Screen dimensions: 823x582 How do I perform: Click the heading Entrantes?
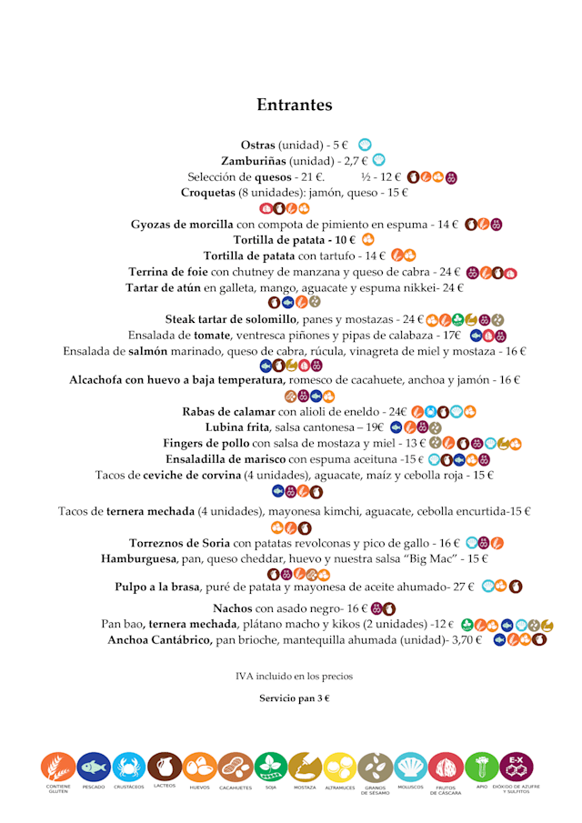tap(294, 105)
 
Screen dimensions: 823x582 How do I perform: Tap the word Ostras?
tap(257, 146)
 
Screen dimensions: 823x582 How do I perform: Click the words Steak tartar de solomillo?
tap(231, 319)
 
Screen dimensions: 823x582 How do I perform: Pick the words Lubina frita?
tap(237, 427)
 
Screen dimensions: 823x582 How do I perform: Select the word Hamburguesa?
tap(138, 558)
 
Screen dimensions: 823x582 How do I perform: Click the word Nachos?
tap(233, 608)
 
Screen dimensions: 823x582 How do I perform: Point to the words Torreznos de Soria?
tap(180, 543)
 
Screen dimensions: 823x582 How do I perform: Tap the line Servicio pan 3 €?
tap(294, 698)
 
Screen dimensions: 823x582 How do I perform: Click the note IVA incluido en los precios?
tap(294, 676)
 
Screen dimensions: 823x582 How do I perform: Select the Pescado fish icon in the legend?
tap(94, 768)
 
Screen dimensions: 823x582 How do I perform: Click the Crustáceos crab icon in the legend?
tap(129, 768)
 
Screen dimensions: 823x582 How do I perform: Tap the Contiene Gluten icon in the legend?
tap(58, 768)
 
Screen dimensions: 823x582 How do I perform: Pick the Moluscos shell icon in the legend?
tap(410, 768)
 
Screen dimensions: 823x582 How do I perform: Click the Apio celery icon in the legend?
tap(481, 768)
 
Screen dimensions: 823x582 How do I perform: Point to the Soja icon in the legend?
tap(270, 768)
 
